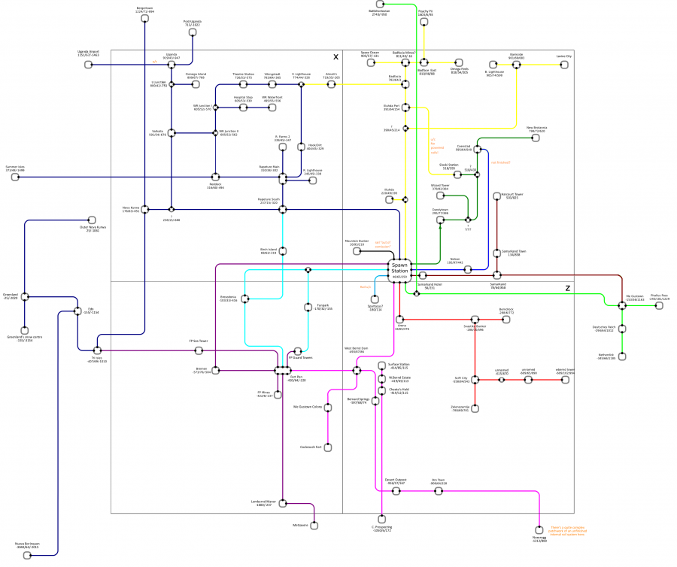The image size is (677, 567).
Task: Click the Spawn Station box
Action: click(399, 268)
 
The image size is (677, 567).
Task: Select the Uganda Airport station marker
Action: click(89, 65)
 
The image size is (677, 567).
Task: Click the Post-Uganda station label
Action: click(193, 23)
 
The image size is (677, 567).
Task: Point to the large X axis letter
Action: click(336, 57)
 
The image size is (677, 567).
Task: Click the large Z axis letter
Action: click(568, 288)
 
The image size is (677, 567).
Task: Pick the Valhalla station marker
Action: click(172, 133)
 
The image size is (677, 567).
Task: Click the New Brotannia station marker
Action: click(536, 138)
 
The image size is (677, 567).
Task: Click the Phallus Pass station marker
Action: click(665, 306)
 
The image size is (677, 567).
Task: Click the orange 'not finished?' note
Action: click(500, 162)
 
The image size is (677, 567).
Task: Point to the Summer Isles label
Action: click(15, 168)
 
